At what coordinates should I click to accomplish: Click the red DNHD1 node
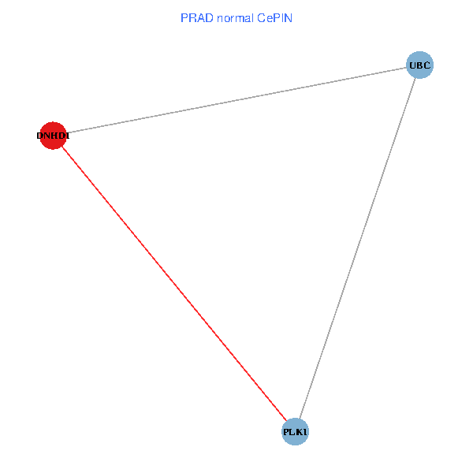[52, 136]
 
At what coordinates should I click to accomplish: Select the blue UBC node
[419, 65]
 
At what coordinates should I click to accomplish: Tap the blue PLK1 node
[295, 432]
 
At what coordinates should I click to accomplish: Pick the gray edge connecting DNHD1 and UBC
[236, 100]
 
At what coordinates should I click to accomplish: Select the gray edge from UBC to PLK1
[357, 248]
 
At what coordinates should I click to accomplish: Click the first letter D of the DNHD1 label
[39, 136]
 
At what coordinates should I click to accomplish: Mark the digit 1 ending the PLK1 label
[306, 432]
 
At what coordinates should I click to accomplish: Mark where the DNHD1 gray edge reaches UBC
[407, 67]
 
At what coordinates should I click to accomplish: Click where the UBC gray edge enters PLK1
[300, 419]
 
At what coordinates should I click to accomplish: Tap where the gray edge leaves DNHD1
[65, 133]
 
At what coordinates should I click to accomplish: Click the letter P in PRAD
[184, 17]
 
